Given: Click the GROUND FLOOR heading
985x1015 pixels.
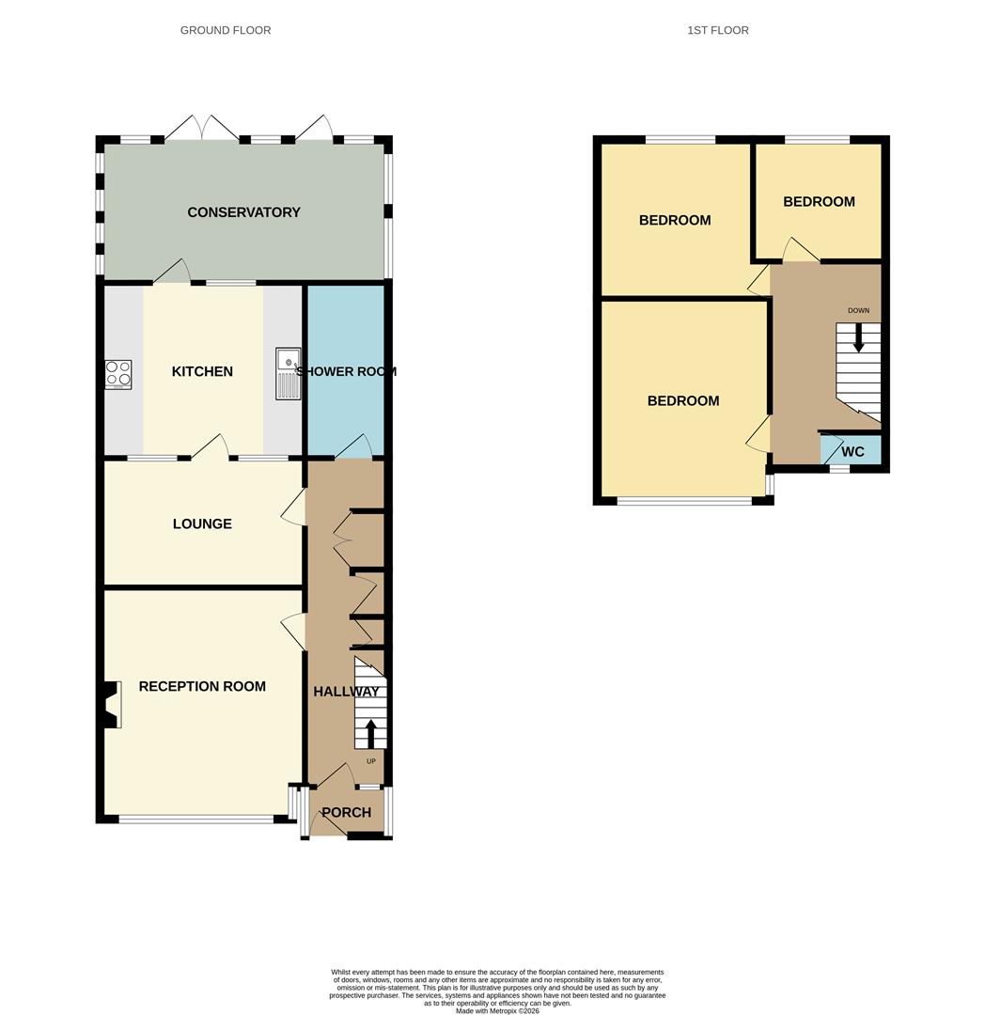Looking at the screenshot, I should (x=226, y=30).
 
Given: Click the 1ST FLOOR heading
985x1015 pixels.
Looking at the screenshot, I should (x=717, y=30).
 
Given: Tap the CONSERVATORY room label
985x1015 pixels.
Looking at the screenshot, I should (x=243, y=212).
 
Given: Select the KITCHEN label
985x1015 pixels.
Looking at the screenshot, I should (x=202, y=371).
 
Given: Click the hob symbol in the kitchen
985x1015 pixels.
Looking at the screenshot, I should (x=118, y=375).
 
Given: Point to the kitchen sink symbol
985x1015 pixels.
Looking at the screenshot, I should (x=288, y=373).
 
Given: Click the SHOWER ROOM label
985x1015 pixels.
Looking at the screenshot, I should (x=346, y=371).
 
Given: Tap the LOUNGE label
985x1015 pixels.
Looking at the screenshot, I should (x=202, y=523).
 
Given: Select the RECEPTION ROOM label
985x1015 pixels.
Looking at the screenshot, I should (x=202, y=686).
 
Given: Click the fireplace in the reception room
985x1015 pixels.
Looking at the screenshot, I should (x=111, y=705).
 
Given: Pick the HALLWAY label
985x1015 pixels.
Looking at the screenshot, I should (x=346, y=692).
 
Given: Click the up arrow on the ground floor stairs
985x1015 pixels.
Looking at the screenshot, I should (x=370, y=732).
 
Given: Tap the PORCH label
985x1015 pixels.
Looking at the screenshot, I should (x=346, y=812).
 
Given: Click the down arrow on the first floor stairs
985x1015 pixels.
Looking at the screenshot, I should (x=857, y=337).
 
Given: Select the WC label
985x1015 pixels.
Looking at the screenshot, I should (x=852, y=452).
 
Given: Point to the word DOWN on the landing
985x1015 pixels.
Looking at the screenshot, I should (x=858, y=310).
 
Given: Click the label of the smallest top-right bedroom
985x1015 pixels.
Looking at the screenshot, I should (x=819, y=201).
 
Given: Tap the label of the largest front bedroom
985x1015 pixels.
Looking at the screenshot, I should (x=683, y=400).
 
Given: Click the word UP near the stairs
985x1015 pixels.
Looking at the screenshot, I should (x=370, y=761).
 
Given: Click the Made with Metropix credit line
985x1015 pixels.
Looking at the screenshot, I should (x=497, y=1010).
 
